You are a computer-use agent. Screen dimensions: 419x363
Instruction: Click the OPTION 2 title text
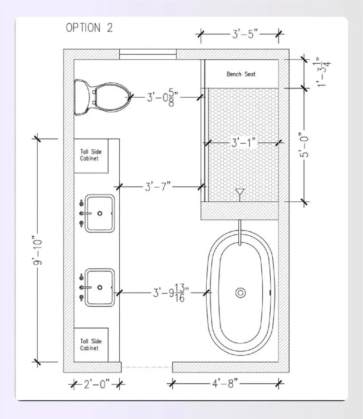(89, 28)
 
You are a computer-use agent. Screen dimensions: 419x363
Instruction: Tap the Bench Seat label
(241, 74)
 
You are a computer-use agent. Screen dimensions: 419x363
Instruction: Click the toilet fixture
(103, 97)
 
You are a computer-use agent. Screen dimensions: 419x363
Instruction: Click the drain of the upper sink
(100, 213)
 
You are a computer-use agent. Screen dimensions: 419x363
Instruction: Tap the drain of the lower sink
(100, 287)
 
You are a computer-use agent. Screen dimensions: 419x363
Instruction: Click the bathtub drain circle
(240, 292)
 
